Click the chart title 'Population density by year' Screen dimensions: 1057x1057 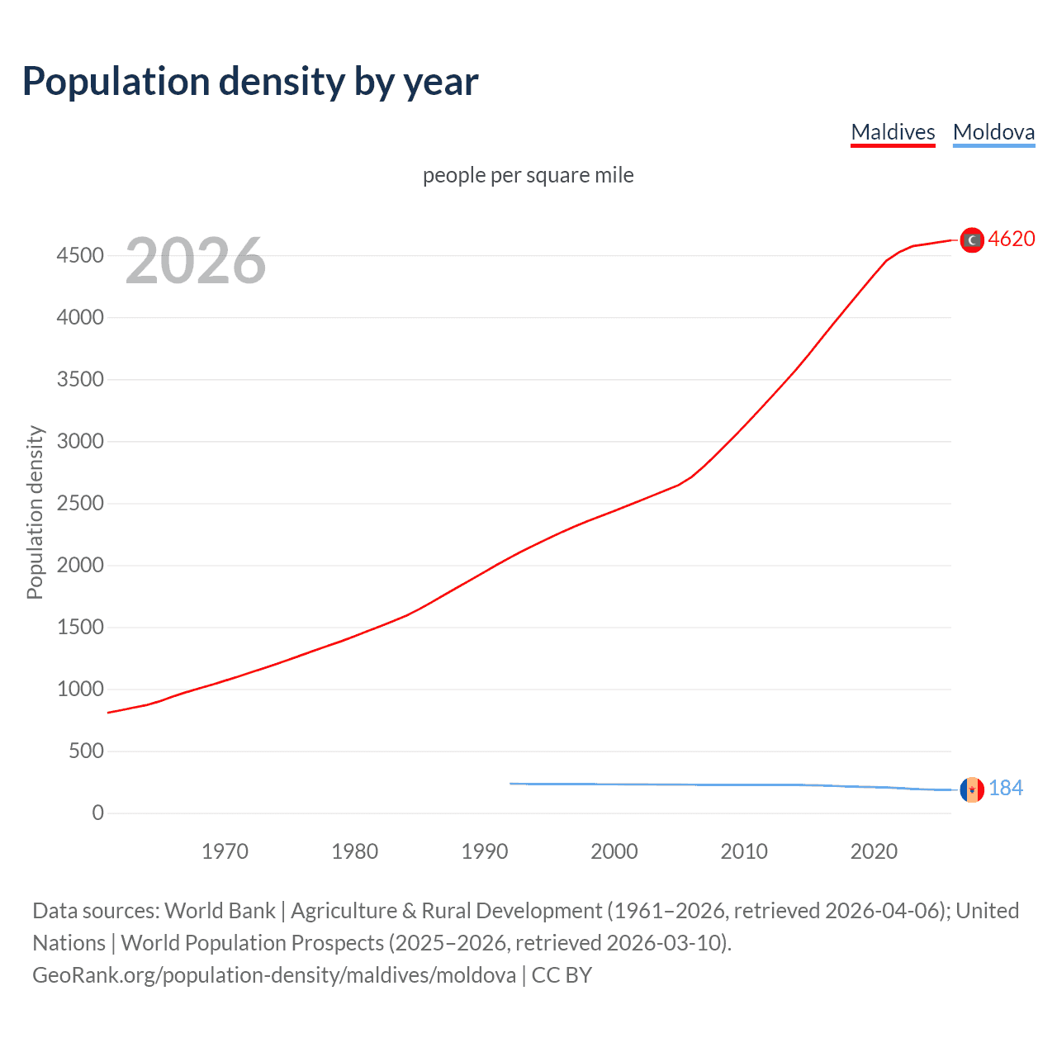[x=250, y=82]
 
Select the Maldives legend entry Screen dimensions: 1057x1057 [x=893, y=132]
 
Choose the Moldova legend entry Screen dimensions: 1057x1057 [x=993, y=132]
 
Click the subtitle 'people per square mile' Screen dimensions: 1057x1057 [x=528, y=175]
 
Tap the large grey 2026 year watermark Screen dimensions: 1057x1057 [x=196, y=261]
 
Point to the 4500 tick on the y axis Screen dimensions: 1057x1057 [x=80, y=255]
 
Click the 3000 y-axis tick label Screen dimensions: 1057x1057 [x=80, y=441]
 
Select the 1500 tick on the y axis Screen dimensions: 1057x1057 [x=80, y=627]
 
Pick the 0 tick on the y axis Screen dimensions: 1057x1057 [x=98, y=813]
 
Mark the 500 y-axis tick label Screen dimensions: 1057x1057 [x=86, y=751]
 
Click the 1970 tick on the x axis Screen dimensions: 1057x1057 [x=225, y=851]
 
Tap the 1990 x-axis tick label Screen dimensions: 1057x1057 [x=485, y=851]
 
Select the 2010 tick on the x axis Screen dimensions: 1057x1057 [x=744, y=851]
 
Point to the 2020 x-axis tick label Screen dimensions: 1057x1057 [x=874, y=851]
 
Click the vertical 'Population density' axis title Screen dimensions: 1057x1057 [x=35, y=512]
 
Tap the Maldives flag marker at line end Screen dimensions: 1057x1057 [x=972, y=239]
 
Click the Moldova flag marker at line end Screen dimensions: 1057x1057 [x=972, y=789]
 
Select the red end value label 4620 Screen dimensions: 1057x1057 [x=1012, y=239]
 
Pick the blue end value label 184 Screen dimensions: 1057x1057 [x=1006, y=788]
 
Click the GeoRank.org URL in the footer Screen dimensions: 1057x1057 [x=274, y=975]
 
